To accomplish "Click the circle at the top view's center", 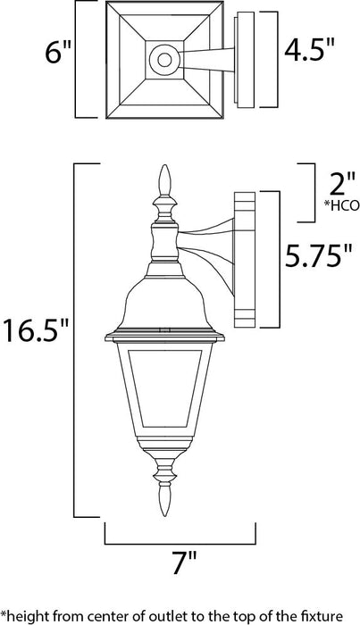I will pyautogui.click(x=163, y=60).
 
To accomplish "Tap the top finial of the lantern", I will pyautogui.click(x=163, y=183).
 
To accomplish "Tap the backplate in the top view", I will pyautogui.click(x=242, y=59).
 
